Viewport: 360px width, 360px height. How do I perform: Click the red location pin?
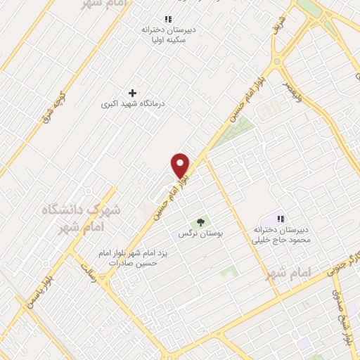(181, 165)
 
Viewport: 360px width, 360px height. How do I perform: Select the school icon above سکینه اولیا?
(167, 19)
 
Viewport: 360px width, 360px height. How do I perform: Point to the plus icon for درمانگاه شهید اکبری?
(132, 92)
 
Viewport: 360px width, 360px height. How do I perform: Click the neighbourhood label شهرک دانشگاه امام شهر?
(82, 218)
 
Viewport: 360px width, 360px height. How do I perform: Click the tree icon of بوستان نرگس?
(201, 222)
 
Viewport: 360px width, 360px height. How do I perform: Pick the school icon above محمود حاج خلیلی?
(281, 219)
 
